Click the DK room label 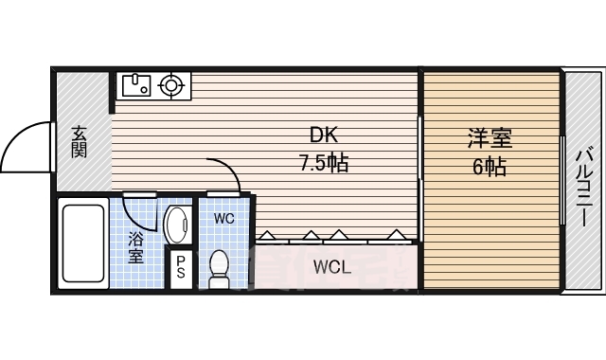pos(324,135)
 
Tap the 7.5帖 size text pos(324,163)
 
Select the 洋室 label pos(490,138)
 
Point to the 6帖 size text pos(490,167)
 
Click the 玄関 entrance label pos(79,142)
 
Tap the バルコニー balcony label pos(582,188)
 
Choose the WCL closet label pos(332,267)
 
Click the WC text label pos(224,219)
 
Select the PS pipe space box pos(181,267)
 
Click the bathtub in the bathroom pos(83,243)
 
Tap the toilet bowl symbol pos(219,269)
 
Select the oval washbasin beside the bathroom pos(177,225)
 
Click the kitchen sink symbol pos(136,86)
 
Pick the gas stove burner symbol pos(170,85)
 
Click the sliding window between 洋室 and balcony pos(562,181)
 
